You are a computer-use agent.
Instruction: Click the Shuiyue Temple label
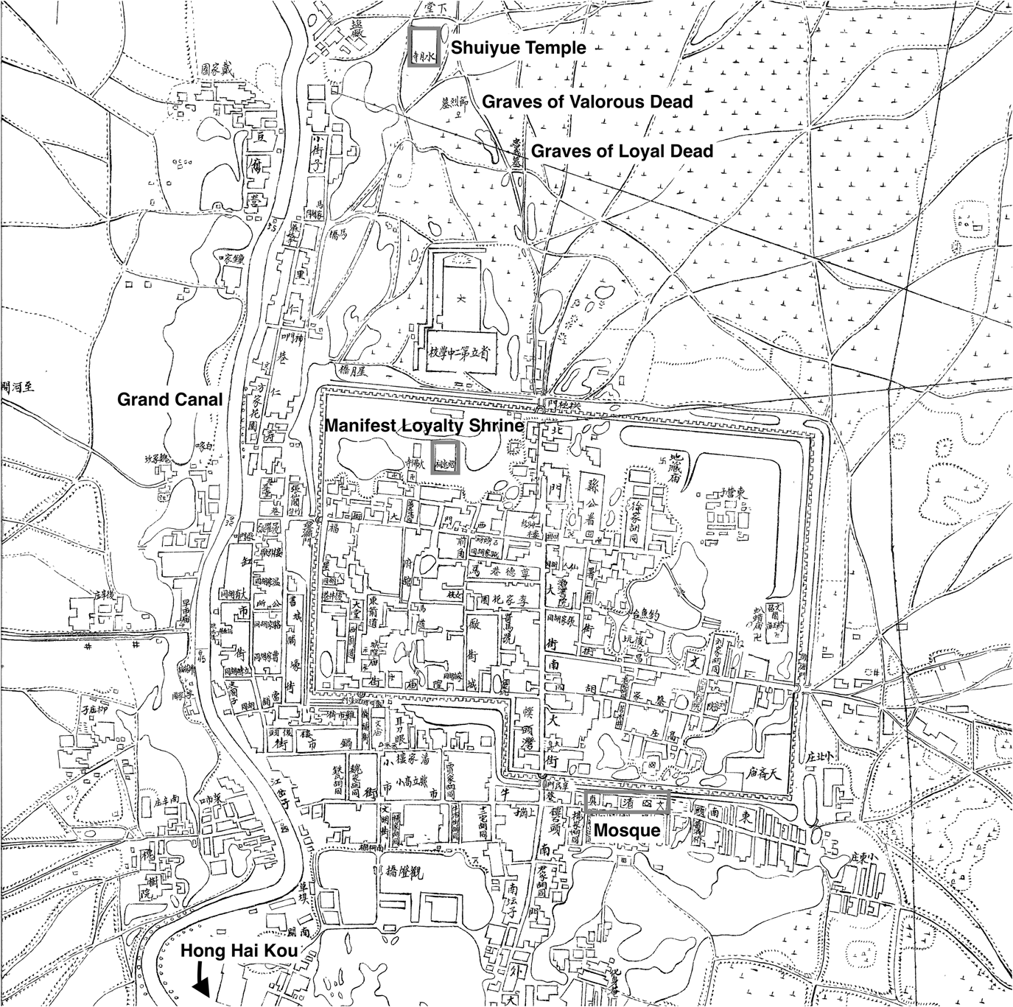pyautogui.click(x=518, y=49)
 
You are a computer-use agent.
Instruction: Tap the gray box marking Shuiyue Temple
pyautogui.click(x=425, y=48)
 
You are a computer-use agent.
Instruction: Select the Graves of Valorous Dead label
pyautogui.click(x=587, y=102)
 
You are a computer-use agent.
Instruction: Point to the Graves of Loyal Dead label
pyautogui.click(x=622, y=151)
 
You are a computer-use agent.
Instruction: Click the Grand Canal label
pyautogui.click(x=170, y=399)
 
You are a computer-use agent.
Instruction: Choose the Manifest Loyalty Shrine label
pyautogui.click(x=424, y=426)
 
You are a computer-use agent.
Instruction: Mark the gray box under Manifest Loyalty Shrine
pyautogui.click(x=444, y=457)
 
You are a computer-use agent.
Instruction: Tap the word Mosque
pyautogui.click(x=626, y=829)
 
